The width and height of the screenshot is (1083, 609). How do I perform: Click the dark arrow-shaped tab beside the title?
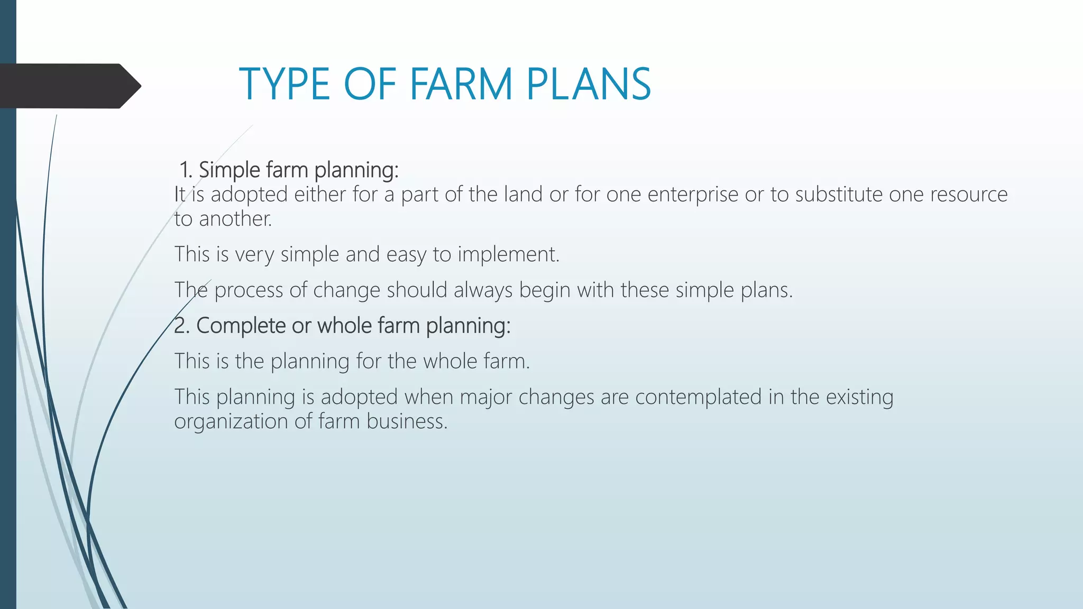point(69,86)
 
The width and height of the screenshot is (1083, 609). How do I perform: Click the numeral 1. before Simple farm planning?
point(186,170)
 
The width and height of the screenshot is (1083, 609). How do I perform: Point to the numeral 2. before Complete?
point(181,326)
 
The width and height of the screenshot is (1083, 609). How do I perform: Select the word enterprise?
point(693,195)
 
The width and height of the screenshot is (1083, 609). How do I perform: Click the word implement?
point(508,255)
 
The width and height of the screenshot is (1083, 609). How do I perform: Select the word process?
point(249,291)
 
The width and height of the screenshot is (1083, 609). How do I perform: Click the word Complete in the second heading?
point(241,326)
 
